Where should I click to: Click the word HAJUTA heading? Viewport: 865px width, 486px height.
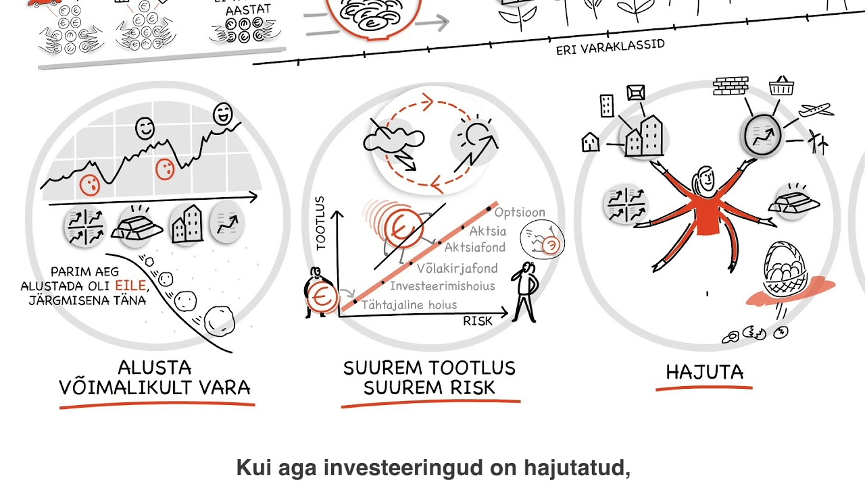coord(704,372)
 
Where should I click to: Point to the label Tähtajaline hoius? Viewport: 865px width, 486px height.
coord(409,305)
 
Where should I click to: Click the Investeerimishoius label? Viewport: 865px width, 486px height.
coord(442,286)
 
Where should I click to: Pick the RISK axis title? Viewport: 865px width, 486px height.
coord(478,321)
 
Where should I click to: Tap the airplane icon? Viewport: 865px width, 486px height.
coord(815,110)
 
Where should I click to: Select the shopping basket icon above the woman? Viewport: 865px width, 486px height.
coord(782,86)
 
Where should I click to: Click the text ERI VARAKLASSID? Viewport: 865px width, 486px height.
coord(610,48)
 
